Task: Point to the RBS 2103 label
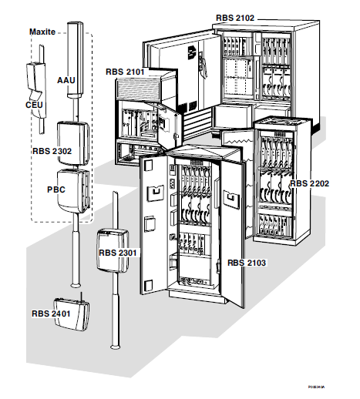coord(248,263)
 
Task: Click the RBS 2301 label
coord(117,251)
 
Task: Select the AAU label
coord(66,79)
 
